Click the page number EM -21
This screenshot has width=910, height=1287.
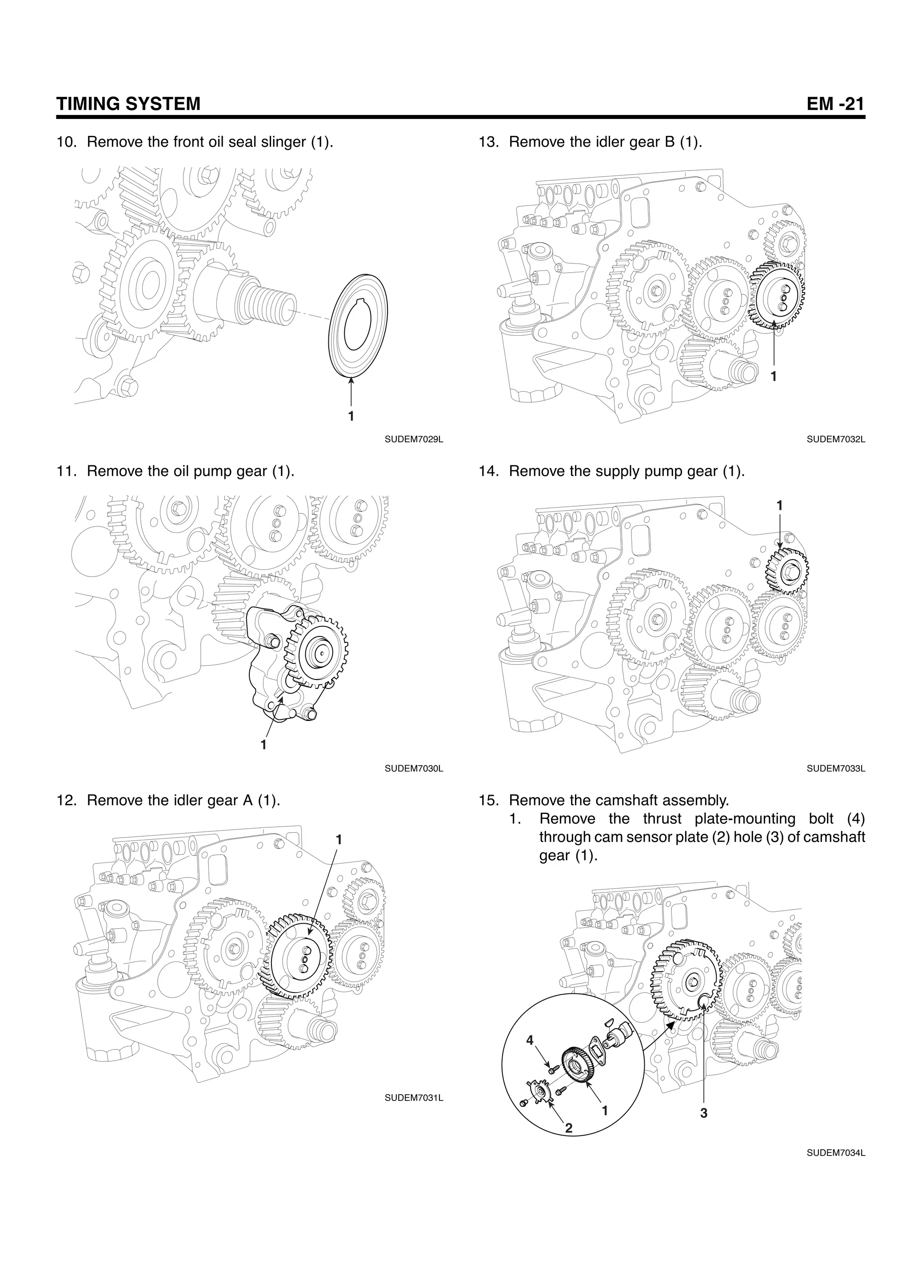[835, 104]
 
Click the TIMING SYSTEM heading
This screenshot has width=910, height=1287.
[128, 104]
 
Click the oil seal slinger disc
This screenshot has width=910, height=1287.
[359, 325]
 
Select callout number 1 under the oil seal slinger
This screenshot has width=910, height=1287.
[351, 416]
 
